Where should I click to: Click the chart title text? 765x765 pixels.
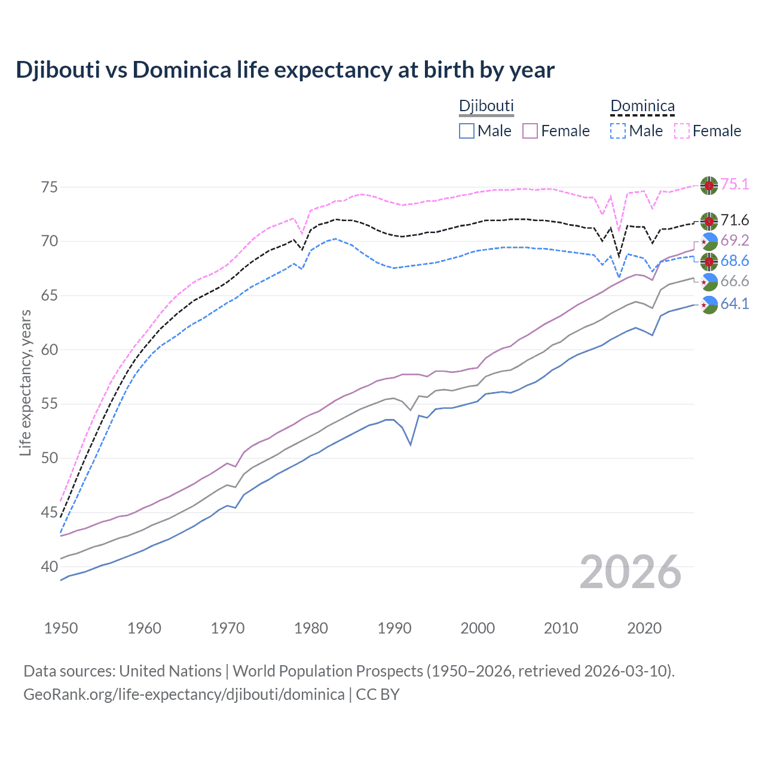(x=285, y=70)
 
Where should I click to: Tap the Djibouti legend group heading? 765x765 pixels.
(x=486, y=106)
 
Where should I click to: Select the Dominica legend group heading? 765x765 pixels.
(x=642, y=106)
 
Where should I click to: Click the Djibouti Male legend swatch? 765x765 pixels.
(x=467, y=131)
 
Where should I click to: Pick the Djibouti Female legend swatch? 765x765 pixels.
(x=530, y=131)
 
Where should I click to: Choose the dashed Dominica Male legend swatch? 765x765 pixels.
(x=618, y=131)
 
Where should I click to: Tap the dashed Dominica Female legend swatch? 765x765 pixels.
(x=682, y=131)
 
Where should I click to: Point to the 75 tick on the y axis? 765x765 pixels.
(x=50, y=187)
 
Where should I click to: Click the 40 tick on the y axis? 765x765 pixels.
(x=50, y=567)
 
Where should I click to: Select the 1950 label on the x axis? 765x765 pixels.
(x=61, y=628)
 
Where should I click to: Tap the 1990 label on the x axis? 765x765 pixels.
(x=394, y=628)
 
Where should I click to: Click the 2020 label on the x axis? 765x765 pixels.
(x=644, y=628)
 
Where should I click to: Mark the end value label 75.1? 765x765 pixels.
(x=735, y=185)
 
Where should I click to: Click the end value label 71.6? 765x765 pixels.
(x=735, y=221)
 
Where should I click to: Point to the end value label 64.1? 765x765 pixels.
(x=735, y=304)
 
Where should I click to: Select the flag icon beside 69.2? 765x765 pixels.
(x=709, y=241)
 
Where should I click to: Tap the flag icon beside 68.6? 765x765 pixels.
(x=709, y=261)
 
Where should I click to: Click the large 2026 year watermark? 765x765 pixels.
(x=630, y=572)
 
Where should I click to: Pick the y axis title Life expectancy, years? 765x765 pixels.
(x=26, y=382)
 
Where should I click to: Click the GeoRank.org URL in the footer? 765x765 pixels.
(x=183, y=694)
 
